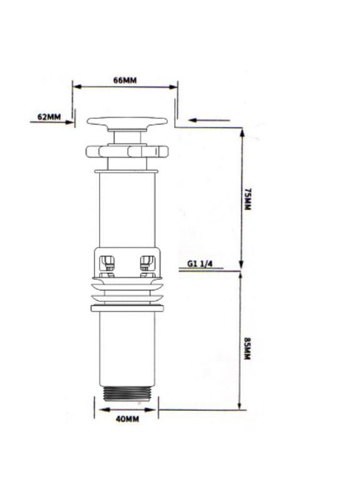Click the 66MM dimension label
coord(125,80)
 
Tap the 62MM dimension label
coord(49,117)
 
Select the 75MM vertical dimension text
coord(247,199)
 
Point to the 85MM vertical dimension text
coord(247,348)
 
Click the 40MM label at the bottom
coord(127,419)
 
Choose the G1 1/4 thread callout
coord(200,264)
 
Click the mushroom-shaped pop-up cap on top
coord(127,124)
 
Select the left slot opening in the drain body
coord(108,264)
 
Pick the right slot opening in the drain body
coord(148,264)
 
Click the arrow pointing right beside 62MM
coord(52,122)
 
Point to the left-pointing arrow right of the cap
coord(209,120)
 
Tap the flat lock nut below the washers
coord(127,308)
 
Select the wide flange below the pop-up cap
coord(127,151)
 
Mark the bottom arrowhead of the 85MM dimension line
coord(240,405)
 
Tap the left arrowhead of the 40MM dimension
coord(103,410)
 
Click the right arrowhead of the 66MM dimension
coord(173,87)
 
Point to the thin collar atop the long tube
coord(126,172)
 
